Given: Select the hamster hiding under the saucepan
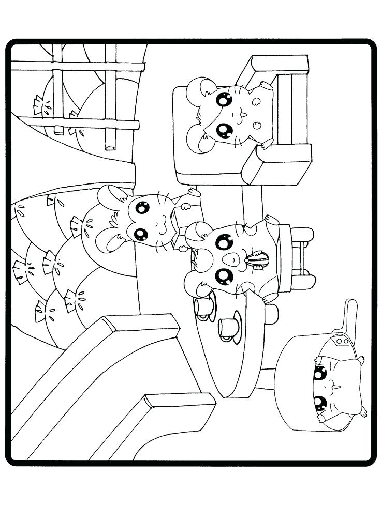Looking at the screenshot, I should (331, 382).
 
